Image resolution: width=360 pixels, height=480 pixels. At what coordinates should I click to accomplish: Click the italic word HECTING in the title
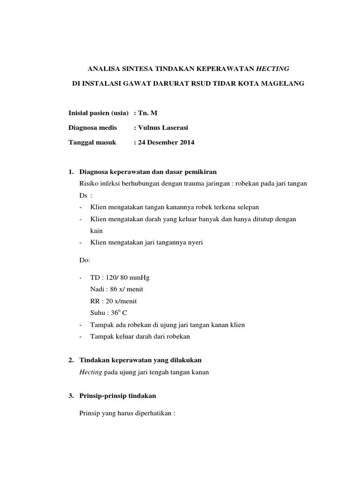(x=272, y=68)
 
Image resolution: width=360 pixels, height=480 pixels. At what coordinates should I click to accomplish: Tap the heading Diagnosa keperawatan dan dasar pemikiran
(x=149, y=172)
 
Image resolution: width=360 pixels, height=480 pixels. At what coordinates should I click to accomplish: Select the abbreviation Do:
(x=85, y=259)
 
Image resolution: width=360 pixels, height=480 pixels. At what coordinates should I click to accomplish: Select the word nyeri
(x=194, y=242)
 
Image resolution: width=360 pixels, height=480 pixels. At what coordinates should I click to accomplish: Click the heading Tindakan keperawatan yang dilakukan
(x=141, y=360)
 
